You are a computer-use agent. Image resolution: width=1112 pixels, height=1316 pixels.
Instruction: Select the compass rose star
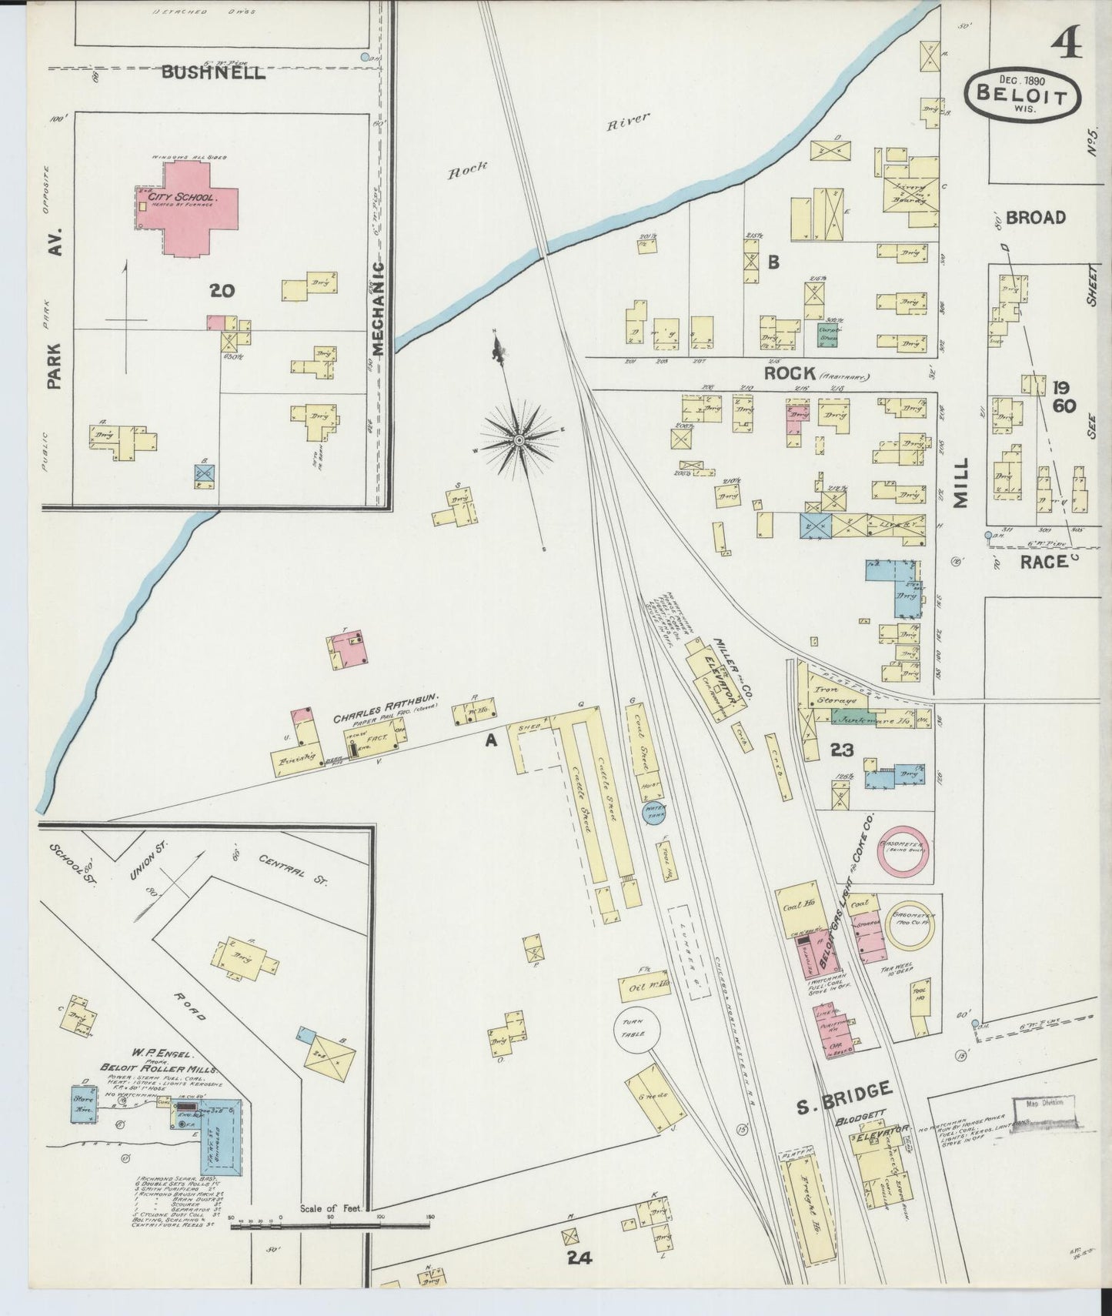coord(519,439)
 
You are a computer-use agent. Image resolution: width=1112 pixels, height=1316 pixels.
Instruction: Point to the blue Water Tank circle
coord(655,813)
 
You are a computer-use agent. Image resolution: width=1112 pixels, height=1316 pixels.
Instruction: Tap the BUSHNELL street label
coord(213,74)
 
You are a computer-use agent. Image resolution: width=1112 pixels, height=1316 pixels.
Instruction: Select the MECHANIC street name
coord(378,308)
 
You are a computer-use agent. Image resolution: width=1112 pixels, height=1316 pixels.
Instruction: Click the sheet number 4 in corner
coord(1069,43)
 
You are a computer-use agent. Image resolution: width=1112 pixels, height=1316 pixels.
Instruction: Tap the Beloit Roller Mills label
coord(159,1069)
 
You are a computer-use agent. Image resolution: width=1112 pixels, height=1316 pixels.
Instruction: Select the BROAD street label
coord(1036,218)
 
